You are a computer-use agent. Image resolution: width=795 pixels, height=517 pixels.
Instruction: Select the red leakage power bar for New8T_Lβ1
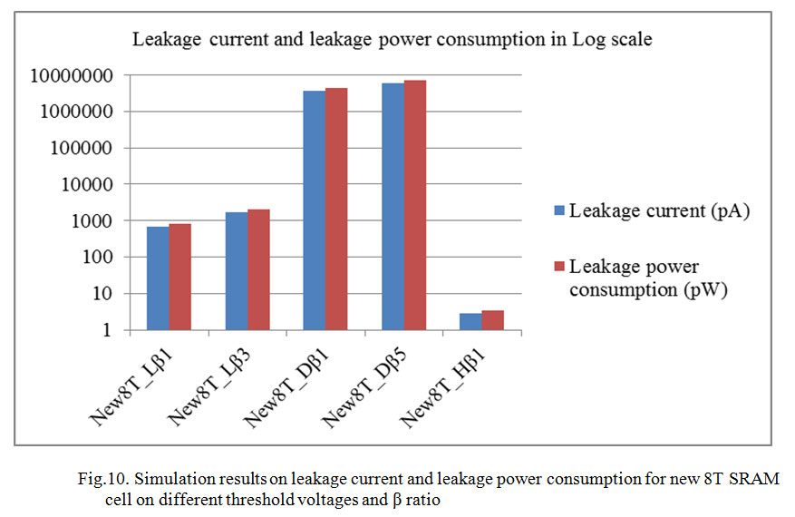pyautogui.click(x=179, y=277)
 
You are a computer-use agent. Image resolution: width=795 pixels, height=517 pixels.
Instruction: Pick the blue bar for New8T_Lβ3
pyautogui.click(x=236, y=271)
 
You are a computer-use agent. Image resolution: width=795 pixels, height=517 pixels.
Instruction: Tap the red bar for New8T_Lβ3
pyautogui.click(x=258, y=269)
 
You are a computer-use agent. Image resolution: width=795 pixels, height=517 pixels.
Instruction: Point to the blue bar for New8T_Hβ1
pyautogui.click(x=471, y=321)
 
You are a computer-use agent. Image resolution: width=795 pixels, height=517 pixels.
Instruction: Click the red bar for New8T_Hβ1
pyautogui.click(x=493, y=320)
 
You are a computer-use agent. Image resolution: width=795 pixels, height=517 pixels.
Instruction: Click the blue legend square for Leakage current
pyautogui.click(x=559, y=211)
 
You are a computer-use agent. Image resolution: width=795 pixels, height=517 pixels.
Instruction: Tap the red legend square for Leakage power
pyautogui.click(x=559, y=266)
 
